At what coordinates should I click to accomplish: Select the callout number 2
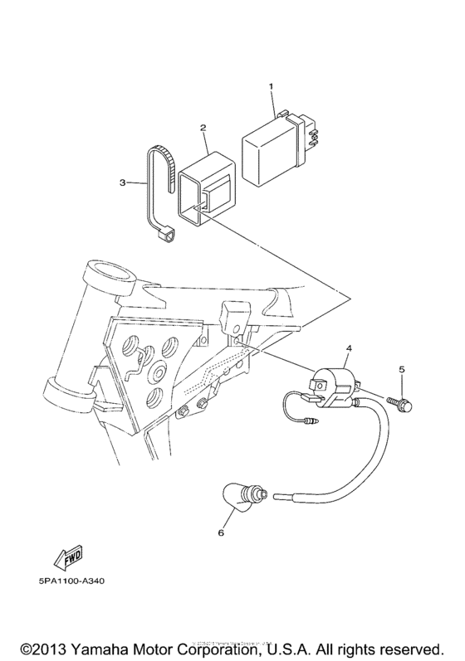(203, 128)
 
